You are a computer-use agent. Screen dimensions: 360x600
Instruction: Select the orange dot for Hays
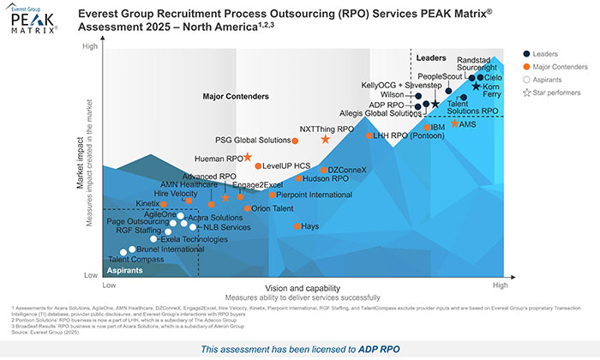tap(297, 226)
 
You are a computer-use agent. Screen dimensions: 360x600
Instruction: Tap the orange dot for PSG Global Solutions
tap(295, 141)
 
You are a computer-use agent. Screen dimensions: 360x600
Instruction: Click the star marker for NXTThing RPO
tap(325, 139)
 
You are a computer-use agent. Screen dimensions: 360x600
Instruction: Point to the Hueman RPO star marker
tap(248, 157)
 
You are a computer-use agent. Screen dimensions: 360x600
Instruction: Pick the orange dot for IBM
tap(426, 128)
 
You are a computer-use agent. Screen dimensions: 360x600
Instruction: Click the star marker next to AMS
tap(454, 123)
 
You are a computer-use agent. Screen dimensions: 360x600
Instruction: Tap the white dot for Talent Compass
tap(123, 252)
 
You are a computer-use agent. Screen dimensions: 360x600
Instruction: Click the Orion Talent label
tap(273, 208)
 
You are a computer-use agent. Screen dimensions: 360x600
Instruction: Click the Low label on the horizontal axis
tap(109, 283)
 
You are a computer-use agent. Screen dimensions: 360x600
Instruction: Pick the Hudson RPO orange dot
tap(299, 179)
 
